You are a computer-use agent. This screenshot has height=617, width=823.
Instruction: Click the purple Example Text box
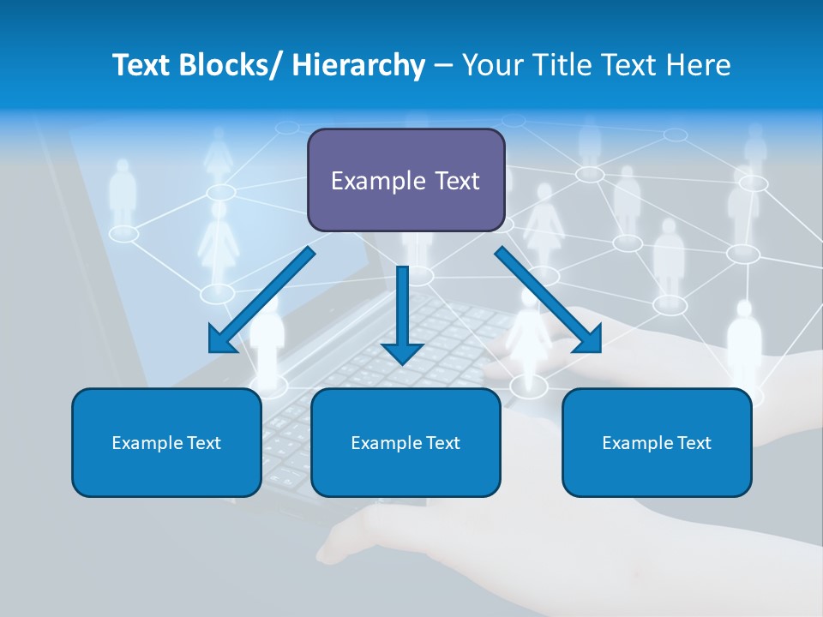tap(405, 180)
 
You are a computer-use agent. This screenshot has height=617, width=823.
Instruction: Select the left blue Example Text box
tap(166, 442)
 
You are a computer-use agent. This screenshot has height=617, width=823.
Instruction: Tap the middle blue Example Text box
tap(405, 442)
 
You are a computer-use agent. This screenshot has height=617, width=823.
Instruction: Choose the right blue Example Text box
tap(657, 442)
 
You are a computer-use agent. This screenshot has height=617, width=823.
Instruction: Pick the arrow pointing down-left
tap(262, 300)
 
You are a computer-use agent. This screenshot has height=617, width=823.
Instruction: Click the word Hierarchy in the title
tap(358, 65)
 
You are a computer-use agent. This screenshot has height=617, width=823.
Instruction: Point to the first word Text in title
tap(141, 65)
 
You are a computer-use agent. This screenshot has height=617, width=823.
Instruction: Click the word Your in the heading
tap(490, 65)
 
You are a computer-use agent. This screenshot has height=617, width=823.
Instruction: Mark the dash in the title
tap(442, 66)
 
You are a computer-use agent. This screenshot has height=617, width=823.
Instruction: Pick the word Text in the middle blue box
tap(442, 442)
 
